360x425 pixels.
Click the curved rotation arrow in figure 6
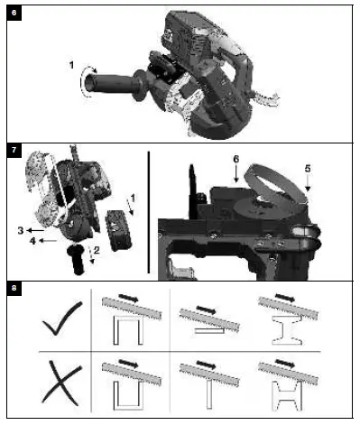click(x=85, y=84)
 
